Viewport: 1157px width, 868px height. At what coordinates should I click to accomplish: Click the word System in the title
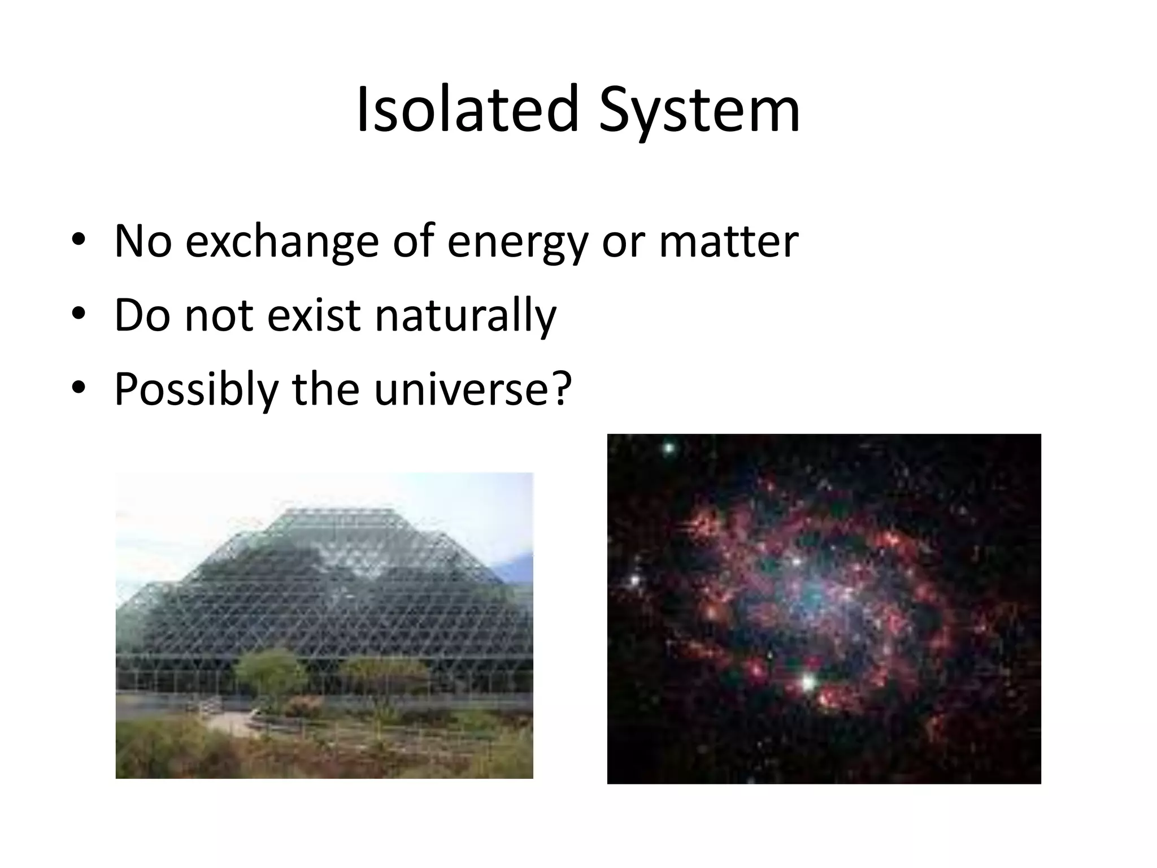click(x=699, y=111)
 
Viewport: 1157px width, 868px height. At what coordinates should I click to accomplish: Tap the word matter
click(x=728, y=242)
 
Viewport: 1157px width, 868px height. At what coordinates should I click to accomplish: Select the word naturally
click(x=465, y=316)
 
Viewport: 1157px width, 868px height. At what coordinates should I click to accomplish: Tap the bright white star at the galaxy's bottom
click(x=808, y=682)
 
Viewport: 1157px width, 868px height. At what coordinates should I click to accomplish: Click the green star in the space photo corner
click(x=669, y=449)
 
